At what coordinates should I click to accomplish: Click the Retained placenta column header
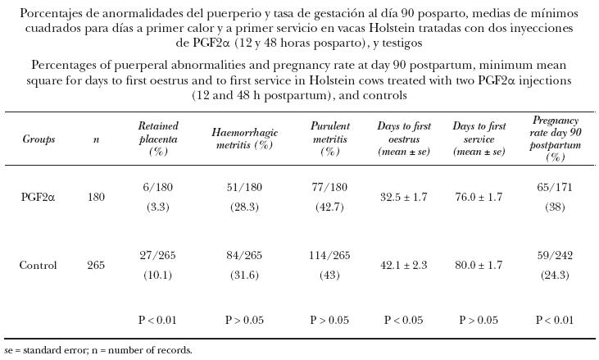pos(158,139)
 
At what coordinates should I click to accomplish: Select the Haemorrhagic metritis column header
pos(243,139)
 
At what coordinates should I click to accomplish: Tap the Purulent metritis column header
pos(329,139)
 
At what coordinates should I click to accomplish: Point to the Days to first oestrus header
pos(404,139)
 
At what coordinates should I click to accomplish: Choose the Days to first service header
pos(479,139)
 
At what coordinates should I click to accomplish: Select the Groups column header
pos(39,139)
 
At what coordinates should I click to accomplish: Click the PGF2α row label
pos(39,197)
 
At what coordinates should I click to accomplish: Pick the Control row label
pos(39,266)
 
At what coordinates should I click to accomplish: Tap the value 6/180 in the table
pos(158,188)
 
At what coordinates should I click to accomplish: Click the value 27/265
pos(158,256)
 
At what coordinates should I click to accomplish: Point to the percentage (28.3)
pos(243,207)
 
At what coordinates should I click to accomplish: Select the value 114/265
pos(329,256)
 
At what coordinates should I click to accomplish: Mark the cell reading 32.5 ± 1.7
pos(404,197)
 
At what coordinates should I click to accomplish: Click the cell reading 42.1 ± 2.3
pos(404,266)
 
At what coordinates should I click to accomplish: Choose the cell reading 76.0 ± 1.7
pos(479,197)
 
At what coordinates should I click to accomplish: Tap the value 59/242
pos(556,256)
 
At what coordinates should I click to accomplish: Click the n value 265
pos(96,266)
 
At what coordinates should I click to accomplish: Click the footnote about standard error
pos(98,350)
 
